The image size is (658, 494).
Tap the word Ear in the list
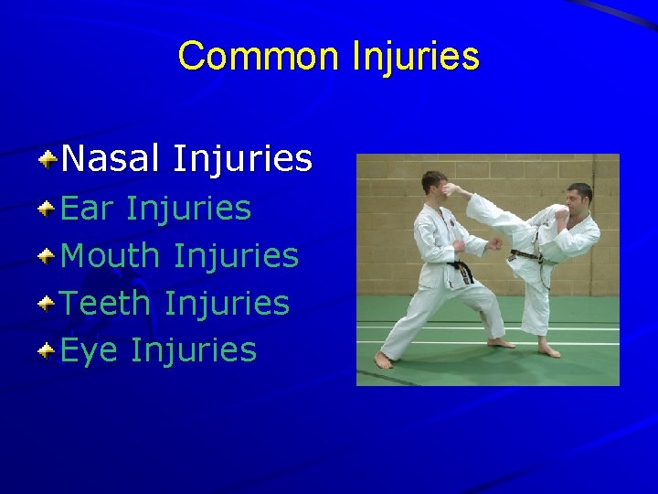pos(87,208)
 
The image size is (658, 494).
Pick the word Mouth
pos(110,255)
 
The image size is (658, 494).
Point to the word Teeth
pos(106,303)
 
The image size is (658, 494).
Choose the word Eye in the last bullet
pos(89,349)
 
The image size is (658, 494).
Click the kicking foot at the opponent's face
pos(453,189)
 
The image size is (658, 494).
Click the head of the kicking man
pos(578,197)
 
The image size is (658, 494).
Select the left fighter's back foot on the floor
pos(383,360)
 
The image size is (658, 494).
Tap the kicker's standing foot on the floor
pos(548,349)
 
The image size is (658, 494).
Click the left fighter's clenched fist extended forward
pos(495,243)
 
